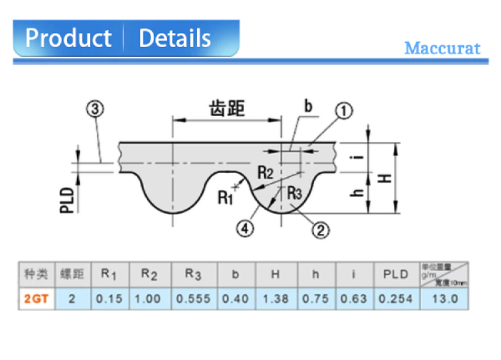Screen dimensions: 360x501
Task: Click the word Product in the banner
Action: point(68,38)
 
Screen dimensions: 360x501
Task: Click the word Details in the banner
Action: point(175,38)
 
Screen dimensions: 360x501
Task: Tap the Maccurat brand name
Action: point(443,48)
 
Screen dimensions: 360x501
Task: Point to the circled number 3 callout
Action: point(94,109)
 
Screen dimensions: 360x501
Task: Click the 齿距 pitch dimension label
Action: point(228,108)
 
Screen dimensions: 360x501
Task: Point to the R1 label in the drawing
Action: point(225,197)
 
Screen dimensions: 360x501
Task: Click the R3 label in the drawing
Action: point(294,193)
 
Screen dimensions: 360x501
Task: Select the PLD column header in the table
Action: point(396,273)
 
